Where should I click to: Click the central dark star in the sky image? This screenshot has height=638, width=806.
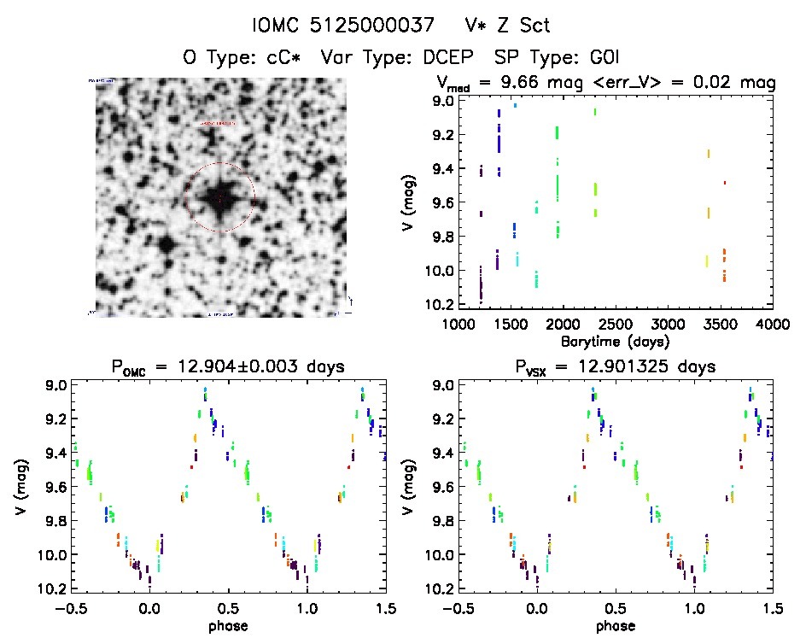click(x=219, y=197)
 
